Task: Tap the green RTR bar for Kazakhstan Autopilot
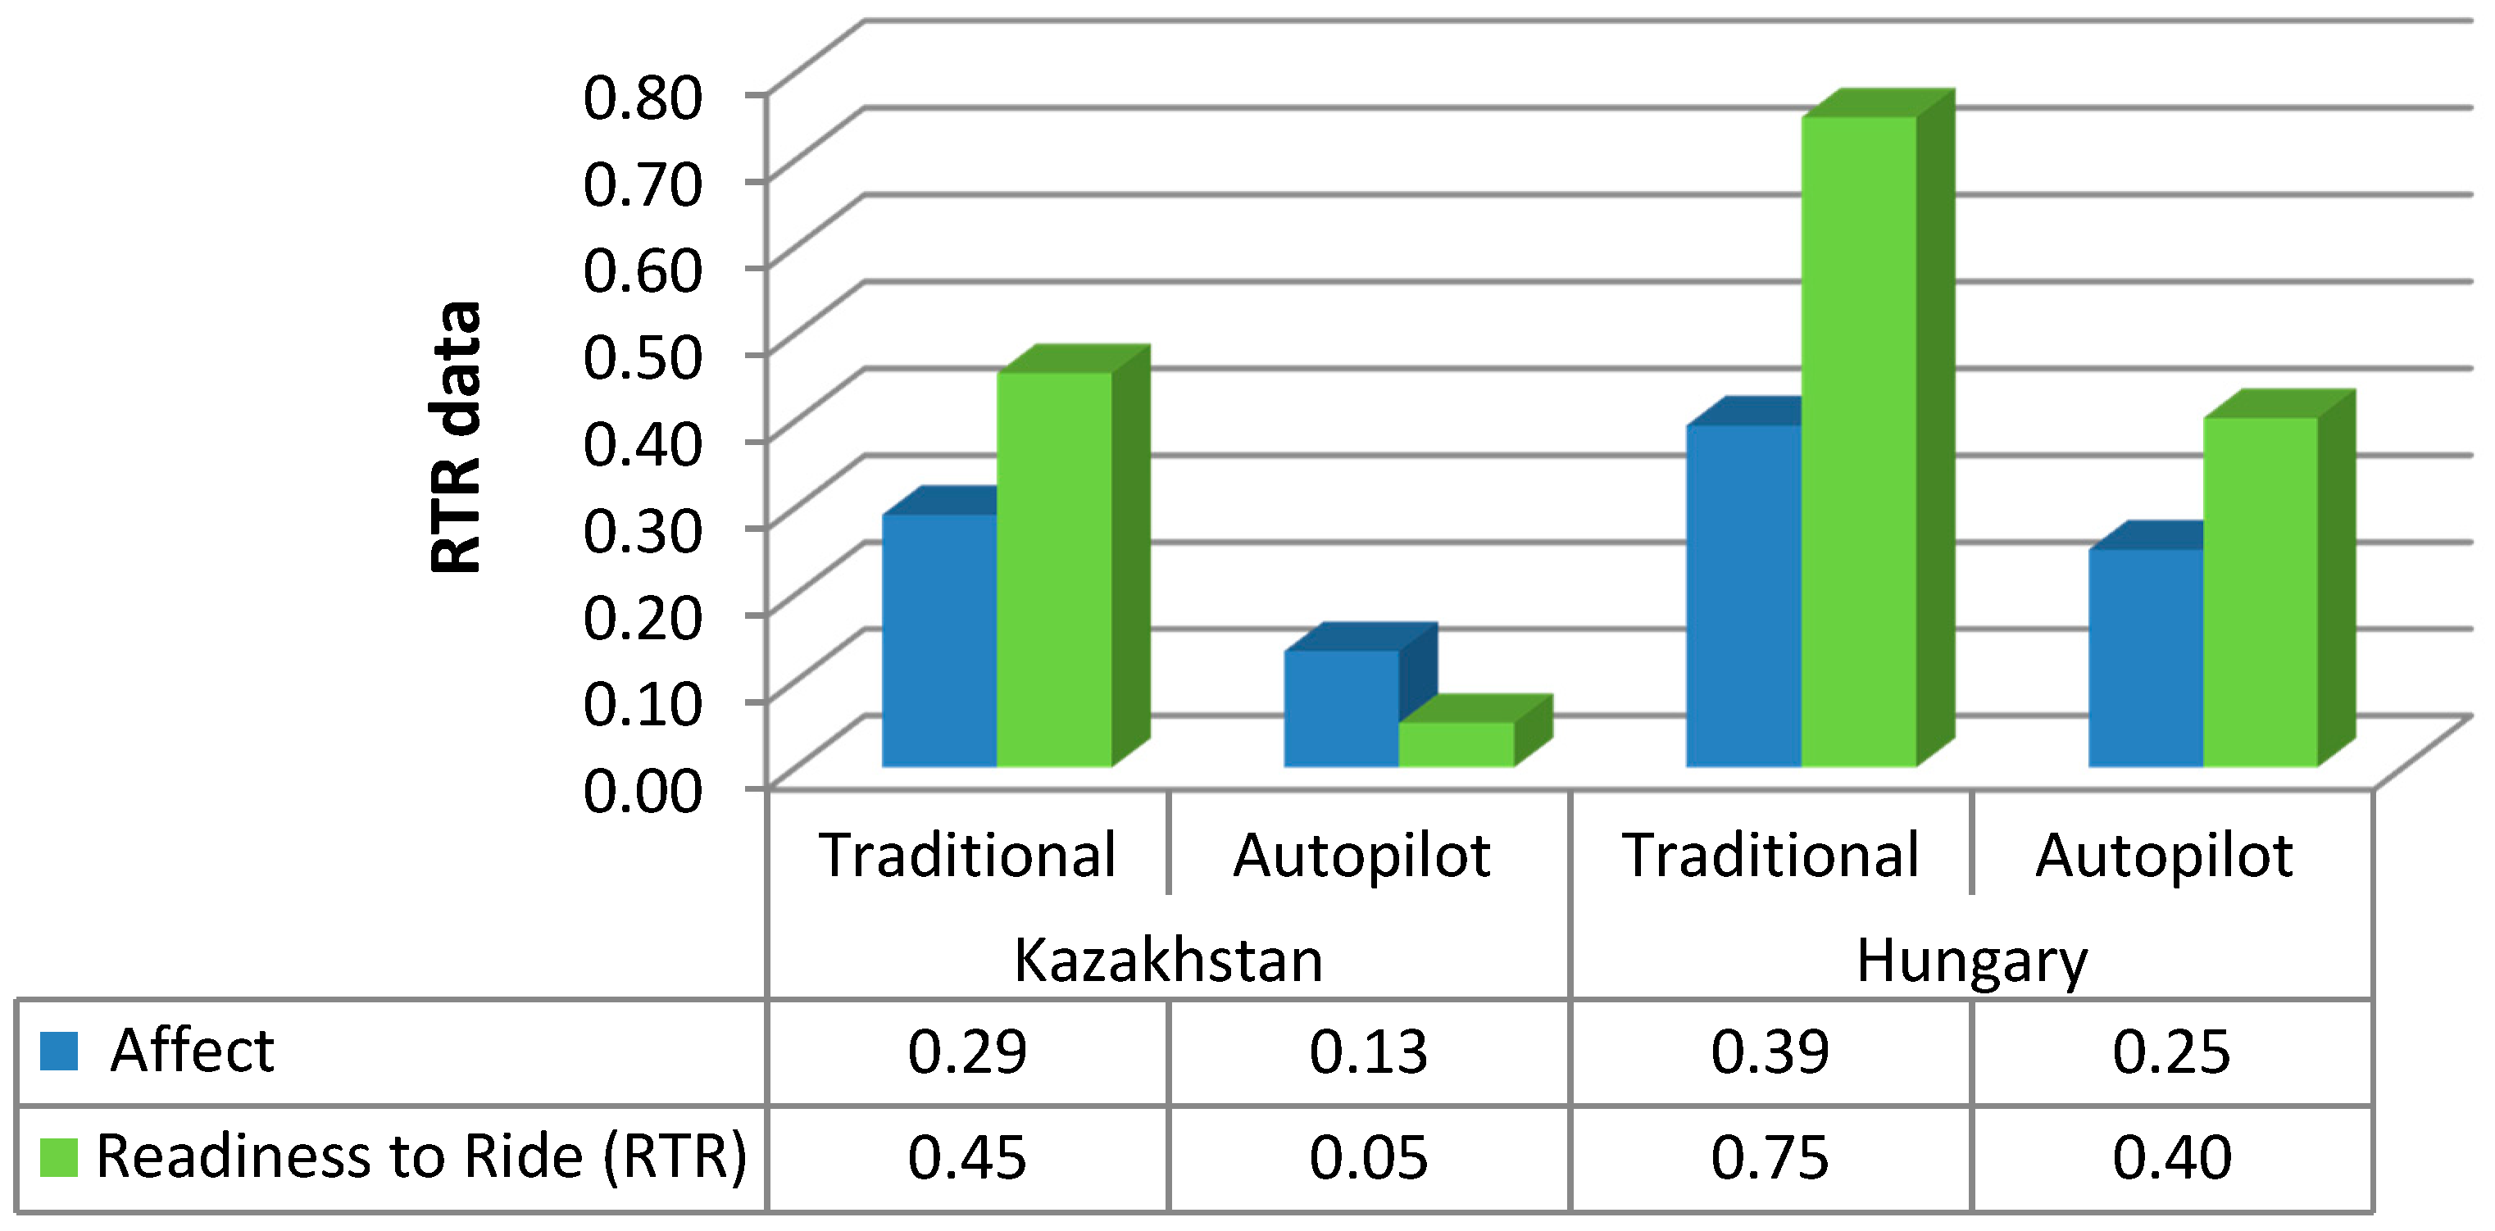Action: tap(1456, 744)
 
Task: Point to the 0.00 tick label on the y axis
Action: tap(642, 789)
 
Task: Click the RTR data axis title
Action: tap(455, 438)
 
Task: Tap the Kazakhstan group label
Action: tap(1168, 961)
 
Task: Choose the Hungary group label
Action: tap(1971, 961)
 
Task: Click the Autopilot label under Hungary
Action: tap(2164, 855)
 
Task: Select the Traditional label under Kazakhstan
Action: tap(967, 855)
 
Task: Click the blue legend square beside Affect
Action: tap(58, 1051)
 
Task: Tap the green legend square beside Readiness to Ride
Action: tap(58, 1157)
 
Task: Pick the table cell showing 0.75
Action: tap(1770, 1157)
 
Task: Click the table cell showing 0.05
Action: tap(1368, 1157)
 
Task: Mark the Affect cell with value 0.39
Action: tap(1770, 1052)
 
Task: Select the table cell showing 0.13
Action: tap(1368, 1052)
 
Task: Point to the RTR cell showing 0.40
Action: tap(2171, 1157)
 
